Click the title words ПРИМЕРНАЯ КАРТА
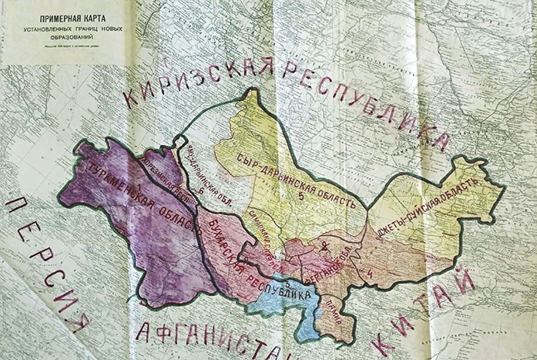(x=61, y=13)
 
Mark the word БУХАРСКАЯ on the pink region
(x=216, y=242)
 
